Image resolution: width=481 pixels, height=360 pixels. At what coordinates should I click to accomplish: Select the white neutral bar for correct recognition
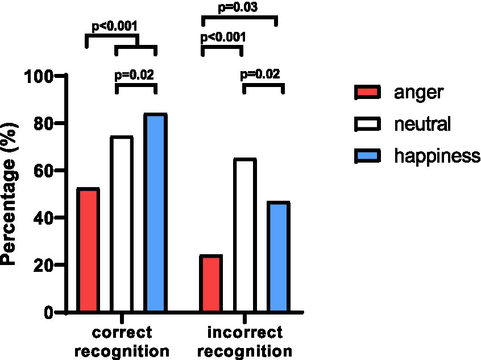tap(122, 225)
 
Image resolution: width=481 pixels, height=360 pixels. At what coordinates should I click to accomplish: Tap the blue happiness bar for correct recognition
tap(155, 213)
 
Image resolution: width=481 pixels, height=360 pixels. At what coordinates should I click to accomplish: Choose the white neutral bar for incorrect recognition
tap(244, 235)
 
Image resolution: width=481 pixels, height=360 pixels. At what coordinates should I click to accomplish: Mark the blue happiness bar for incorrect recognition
tap(279, 256)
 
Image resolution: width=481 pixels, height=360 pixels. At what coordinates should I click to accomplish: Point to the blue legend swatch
tap(368, 155)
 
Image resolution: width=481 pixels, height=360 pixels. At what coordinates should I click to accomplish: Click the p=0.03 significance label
tap(239, 8)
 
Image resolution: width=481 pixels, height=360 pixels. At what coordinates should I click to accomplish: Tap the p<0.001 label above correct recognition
tap(115, 26)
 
